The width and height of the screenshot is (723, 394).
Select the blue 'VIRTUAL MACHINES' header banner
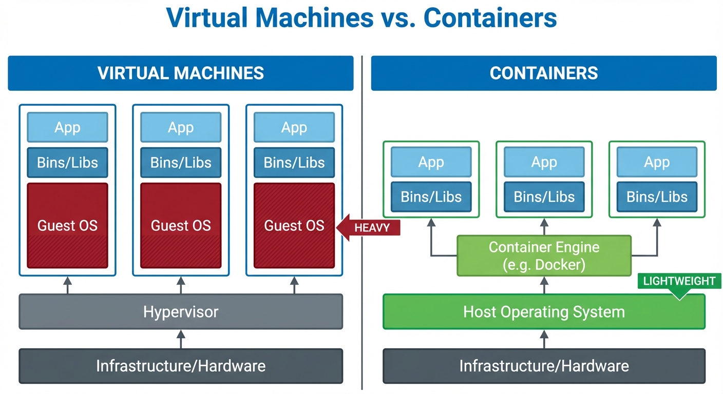coord(181,73)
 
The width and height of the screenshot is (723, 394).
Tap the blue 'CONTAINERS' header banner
coord(544,73)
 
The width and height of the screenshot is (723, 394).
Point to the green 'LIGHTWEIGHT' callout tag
coord(679,282)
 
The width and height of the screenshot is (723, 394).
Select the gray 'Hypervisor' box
coord(181,311)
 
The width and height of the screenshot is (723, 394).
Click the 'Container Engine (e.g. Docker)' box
coord(544,256)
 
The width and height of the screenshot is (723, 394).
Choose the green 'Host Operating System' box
coord(544,311)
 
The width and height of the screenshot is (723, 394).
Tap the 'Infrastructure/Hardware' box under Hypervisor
coord(181,366)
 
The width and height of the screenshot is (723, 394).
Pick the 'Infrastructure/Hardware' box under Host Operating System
coord(544,366)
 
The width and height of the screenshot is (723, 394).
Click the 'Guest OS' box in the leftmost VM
coord(67,225)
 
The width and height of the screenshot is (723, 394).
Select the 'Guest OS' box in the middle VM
coord(181,225)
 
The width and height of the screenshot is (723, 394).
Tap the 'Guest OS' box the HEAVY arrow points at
coord(294,225)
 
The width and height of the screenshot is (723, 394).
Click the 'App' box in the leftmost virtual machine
coord(67,127)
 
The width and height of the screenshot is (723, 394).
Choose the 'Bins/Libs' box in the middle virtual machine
coord(181,163)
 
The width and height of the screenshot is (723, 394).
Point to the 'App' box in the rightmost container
coord(657,163)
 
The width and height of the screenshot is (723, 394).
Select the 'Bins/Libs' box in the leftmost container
coord(431,196)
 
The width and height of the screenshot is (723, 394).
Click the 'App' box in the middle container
coord(544,163)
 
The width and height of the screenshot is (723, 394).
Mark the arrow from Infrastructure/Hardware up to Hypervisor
coord(181,339)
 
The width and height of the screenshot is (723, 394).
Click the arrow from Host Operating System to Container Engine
coord(544,285)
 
